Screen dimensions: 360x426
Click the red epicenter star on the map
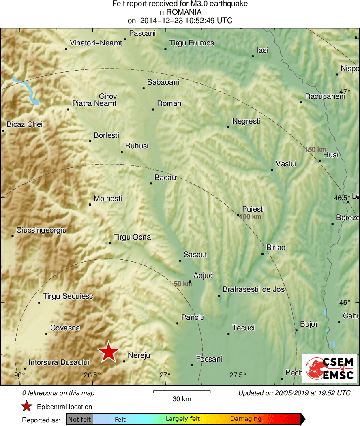(109, 351)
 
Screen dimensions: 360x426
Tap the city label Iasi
(262, 50)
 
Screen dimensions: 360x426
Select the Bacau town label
(165, 178)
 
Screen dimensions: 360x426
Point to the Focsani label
(209, 359)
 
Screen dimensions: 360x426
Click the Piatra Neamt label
(94, 103)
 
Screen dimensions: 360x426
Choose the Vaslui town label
(286, 164)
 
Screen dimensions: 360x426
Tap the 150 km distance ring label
(315, 150)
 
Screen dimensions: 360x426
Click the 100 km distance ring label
(250, 217)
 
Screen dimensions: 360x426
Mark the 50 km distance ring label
(183, 284)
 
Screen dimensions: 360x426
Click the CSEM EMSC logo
(330, 368)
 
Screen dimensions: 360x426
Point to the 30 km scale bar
(182, 392)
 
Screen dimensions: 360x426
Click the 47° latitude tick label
(345, 91)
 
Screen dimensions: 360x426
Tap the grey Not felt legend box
(79, 419)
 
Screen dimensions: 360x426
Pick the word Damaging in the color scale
(246, 419)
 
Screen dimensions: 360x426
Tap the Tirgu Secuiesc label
(68, 296)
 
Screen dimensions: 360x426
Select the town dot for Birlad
(263, 254)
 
